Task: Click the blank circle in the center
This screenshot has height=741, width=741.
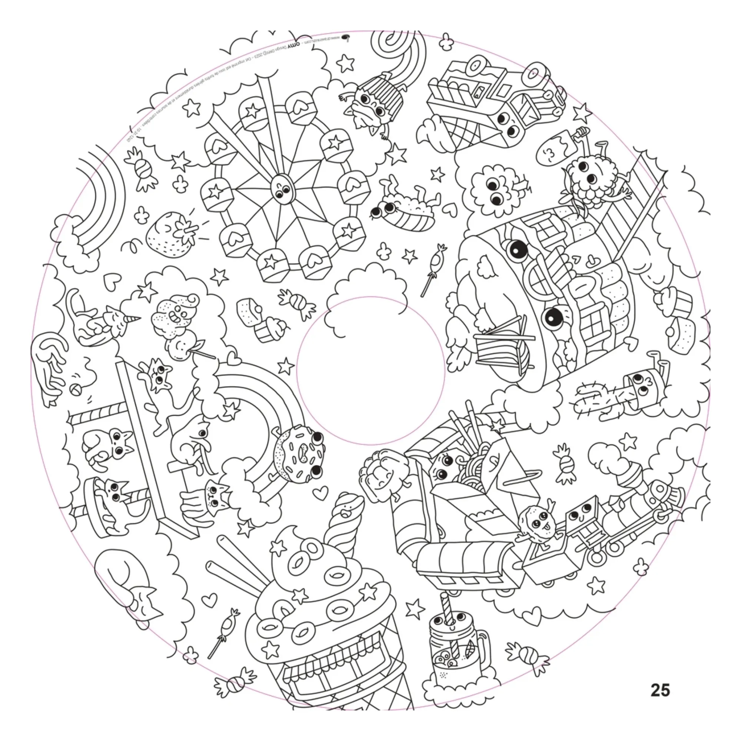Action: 370,370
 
